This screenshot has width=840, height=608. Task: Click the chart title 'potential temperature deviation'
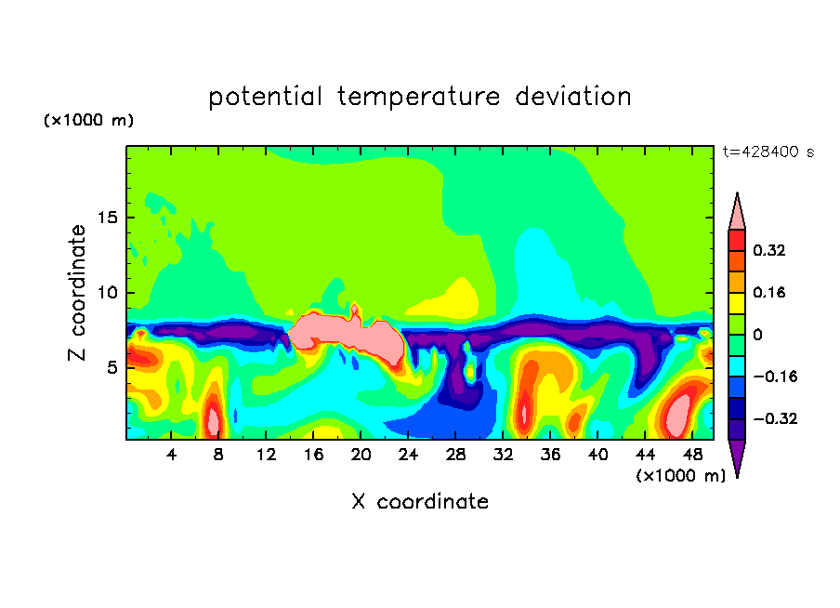[x=420, y=97]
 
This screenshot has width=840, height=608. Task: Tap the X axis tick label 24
[x=408, y=455]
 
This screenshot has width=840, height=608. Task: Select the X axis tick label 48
[x=692, y=455]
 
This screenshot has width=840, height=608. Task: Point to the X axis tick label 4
[x=171, y=455]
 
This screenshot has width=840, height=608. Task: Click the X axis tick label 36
[x=550, y=455]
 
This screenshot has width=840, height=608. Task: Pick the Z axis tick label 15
[x=108, y=218]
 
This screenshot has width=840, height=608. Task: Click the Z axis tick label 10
[x=108, y=293]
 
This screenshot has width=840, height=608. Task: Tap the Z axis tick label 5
[x=112, y=368]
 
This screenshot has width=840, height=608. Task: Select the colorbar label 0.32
[x=768, y=250]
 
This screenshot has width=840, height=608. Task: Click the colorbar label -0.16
[x=775, y=377]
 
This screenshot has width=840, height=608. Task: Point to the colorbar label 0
[x=757, y=335]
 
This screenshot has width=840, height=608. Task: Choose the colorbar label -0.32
[x=775, y=418]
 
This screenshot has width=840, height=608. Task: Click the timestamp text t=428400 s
[x=768, y=152]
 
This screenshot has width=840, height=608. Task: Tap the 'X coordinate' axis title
[x=420, y=502]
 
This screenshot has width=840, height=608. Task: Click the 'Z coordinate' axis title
[x=76, y=293]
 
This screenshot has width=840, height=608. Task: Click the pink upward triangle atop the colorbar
[x=737, y=211]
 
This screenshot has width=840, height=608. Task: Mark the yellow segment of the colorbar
[x=737, y=303]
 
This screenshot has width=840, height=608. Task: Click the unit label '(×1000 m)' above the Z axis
[x=88, y=120]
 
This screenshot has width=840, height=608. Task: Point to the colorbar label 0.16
[x=768, y=292]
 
